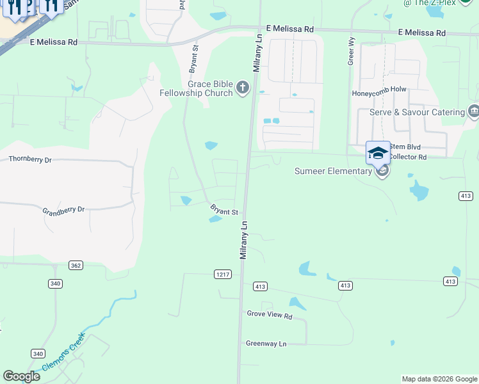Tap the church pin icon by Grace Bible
tap(243, 87)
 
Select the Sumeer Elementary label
tap(333, 171)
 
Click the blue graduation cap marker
tap(378, 153)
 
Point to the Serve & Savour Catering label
tap(417, 112)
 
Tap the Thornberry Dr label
tap(30, 159)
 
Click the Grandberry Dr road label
tap(63, 210)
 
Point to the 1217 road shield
tap(222, 274)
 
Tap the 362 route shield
tap(76, 265)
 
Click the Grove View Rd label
tap(270, 316)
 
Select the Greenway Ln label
tap(266, 344)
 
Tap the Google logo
tap(22, 376)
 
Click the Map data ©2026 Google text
tap(439, 379)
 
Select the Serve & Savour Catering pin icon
tap(474, 111)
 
